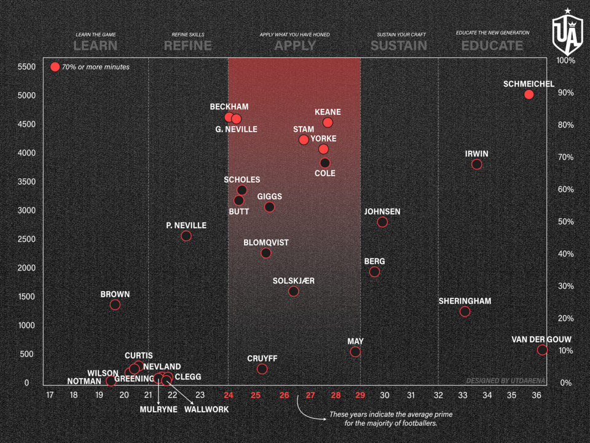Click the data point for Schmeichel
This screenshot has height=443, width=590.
[529, 95]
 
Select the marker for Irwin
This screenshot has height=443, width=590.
[476, 164]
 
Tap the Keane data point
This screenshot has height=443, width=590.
[328, 122]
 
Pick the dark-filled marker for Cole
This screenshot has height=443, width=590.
[325, 163]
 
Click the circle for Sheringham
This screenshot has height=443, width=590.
[465, 311]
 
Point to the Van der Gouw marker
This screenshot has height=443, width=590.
[542, 350]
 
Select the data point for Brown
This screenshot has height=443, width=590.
[115, 305]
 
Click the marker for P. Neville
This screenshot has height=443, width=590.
[186, 236]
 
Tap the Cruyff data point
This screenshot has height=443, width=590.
[262, 369]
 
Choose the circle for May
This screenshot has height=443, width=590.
[355, 352]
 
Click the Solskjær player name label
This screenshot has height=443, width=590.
[294, 281]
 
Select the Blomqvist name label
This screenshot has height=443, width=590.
[266, 243]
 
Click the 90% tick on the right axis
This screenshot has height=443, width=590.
[565, 93]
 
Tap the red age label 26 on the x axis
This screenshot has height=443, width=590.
[284, 394]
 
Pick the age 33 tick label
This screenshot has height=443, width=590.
[463, 394]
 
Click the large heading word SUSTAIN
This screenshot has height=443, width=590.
[398, 46]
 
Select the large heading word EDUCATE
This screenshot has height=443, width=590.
[492, 46]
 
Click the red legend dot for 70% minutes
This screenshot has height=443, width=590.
[55, 66]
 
